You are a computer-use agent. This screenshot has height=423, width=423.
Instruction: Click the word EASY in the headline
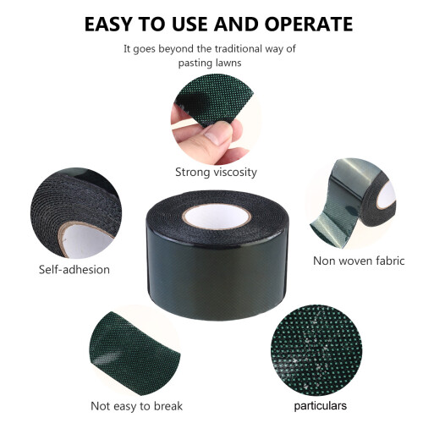[x=108, y=24]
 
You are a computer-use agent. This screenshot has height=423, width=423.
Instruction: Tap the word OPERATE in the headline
[x=309, y=24]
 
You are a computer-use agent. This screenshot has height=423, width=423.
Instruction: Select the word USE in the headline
[x=190, y=24]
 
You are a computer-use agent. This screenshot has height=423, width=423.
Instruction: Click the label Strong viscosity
[x=216, y=172]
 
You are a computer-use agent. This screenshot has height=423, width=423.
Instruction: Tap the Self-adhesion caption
[x=74, y=270]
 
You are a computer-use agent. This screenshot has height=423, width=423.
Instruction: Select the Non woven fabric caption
[x=359, y=261]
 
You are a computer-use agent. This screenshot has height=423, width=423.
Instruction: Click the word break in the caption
[x=168, y=406]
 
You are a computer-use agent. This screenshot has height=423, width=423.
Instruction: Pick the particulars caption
[x=321, y=406]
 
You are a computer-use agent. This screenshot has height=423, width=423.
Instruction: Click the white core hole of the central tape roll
[x=217, y=217]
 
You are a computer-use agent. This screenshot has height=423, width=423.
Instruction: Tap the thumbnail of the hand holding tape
[x=216, y=119]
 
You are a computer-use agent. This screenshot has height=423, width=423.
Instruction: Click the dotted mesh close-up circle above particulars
[x=316, y=350]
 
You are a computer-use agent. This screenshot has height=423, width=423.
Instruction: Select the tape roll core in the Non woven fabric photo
[x=387, y=195]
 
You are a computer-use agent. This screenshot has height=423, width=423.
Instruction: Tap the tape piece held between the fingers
[x=215, y=99]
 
